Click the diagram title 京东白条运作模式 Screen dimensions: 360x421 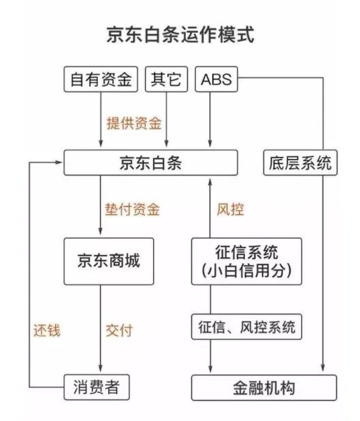pyautogui.click(x=180, y=35)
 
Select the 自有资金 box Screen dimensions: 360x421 pyautogui.click(x=101, y=79)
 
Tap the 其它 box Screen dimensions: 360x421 pyautogui.click(x=166, y=79)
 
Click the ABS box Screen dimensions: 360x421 pyautogui.click(x=216, y=79)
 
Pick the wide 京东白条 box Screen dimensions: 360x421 pyautogui.click(x=150, y=163)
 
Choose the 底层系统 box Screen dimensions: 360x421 pyautogui.click(x=300, y=163)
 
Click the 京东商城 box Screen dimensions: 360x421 pyautogui.click(x=109, y=261)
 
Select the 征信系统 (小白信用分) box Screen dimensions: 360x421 pyautogui.click(x=246, y=261)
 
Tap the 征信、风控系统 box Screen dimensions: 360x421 pyautogui.click(x=246, y=326)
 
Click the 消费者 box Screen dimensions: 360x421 pyautogui.click(x=97, y=387)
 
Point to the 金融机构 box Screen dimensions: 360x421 pyautogui.click(x=264, y=387)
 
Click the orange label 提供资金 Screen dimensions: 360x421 pyautogui.click(x=134, y=123)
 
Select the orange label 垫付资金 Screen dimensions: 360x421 pyautogui.click(x=133, y=209)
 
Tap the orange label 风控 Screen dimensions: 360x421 pyautogui.click(x=231, y=209)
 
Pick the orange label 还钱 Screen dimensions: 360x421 pyautogui.click(x=47, y=330)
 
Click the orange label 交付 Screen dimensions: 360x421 pyautogui.click(x=119, y=330)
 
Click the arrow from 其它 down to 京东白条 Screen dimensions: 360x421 pyautogui.click(x=166, y=120)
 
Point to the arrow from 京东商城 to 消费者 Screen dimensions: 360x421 pyautogui.click(x=101, y=328)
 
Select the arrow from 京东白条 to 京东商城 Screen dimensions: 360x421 pyautogui.click(x=101, y=205)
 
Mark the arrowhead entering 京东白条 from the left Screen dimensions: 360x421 pyautogui.click(x=59, y=162)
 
